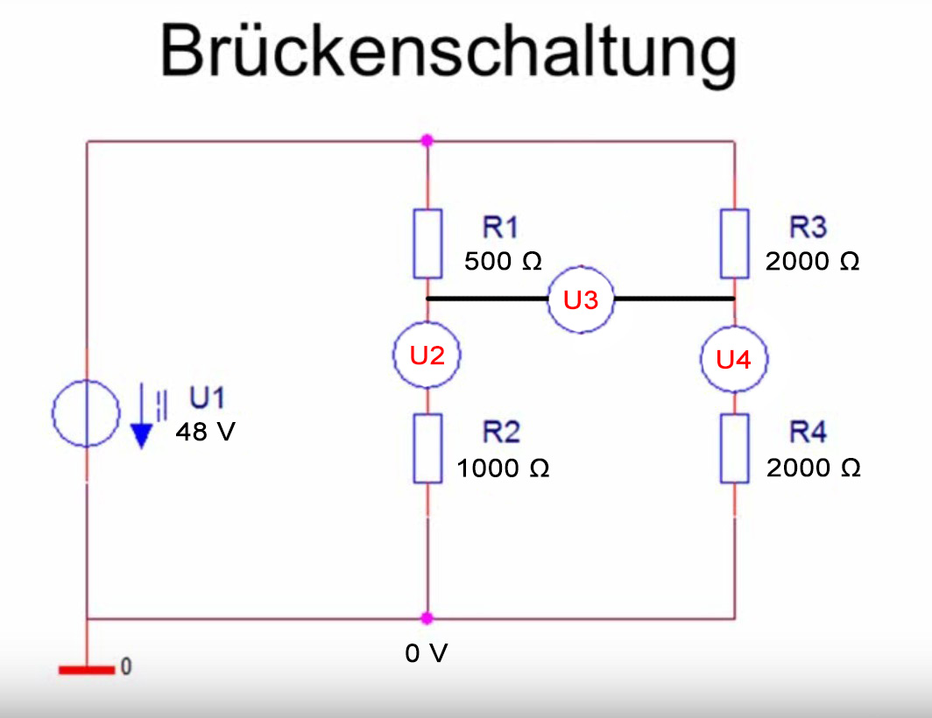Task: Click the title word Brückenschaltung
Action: point(448,50)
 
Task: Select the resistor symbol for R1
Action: point(427,243)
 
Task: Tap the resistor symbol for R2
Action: point(427,448)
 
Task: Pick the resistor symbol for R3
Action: point(734,243)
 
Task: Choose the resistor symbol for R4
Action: point(734,448)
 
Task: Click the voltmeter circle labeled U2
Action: point(427,355)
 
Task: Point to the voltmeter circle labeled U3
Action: point(581,299)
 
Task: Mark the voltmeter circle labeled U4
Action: point(734,358)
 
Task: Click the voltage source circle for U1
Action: point(86,413)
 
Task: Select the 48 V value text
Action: point(205,432)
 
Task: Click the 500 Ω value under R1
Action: point(504,261)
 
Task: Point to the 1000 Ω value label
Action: point(503,468)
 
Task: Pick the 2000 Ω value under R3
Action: point(812,261)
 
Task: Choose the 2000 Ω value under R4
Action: point(813,468)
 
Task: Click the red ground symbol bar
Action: point(87,671)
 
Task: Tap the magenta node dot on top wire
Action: point(427,140)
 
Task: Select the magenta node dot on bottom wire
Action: point(427,618)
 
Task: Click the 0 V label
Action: point(427,653)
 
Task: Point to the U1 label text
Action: point(207,399)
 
